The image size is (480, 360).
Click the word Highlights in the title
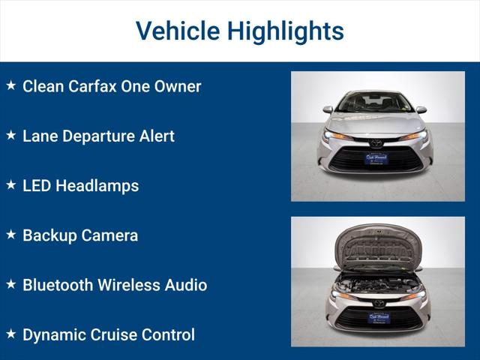(x=286, y=31)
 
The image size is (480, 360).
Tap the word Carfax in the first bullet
(x=94, y=86)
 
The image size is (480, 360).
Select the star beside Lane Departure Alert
(x=11, y=136)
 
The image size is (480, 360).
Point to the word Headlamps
(x=97, y=185)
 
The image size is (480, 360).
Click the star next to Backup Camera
(x=11, y=235)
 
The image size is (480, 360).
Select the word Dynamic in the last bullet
(x=54, y=334)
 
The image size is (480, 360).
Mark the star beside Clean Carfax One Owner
(x=11, y=85)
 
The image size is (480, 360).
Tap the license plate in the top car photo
(x=376, y=158)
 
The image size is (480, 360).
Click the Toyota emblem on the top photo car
(x=376, y=142)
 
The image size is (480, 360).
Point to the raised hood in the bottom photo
(x=378, y=244)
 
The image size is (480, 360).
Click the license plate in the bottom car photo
(x=378, y=317)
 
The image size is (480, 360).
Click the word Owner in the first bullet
(x=178, y=86)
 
